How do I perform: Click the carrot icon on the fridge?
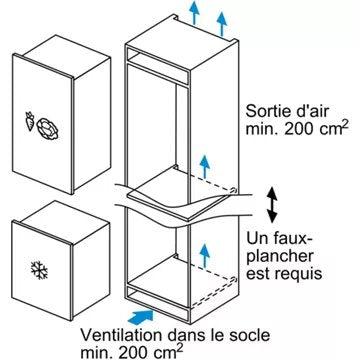click(x=30, y=121)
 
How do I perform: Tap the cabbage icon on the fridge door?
click(x=49, y=129)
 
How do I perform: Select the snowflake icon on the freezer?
click(x=39, y=270)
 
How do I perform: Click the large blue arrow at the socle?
click(x=140, y=316)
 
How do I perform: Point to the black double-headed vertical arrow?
click(x=272, y=205)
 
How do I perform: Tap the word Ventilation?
click(x=121, y=335)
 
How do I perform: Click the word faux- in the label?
click(x=292, y=238)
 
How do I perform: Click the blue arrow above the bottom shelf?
click(x=205, y=255)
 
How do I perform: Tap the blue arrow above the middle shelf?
click(x=205, y=167)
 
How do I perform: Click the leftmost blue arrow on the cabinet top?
click(x=194, y=13)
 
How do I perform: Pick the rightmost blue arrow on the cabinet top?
click(x=222, y=24)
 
